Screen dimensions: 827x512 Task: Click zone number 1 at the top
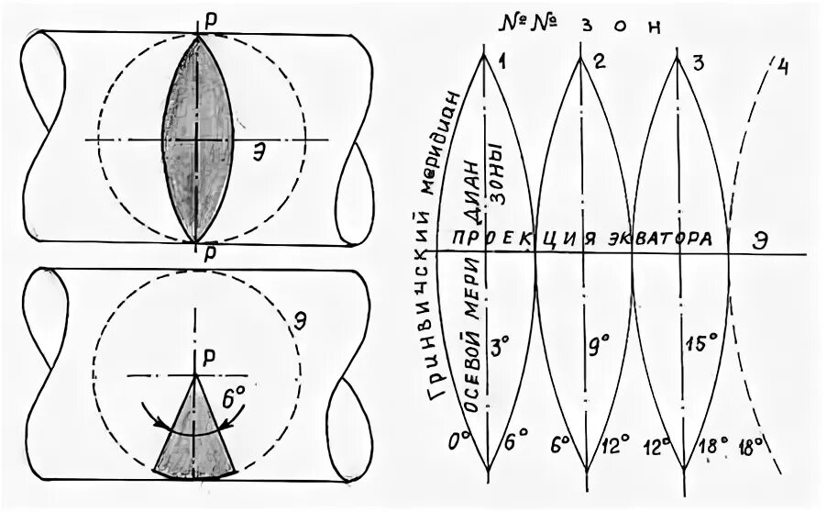(x=502, y=61)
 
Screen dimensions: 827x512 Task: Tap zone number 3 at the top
(x=698, y=61)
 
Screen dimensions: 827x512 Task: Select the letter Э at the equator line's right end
(x=760, y=237)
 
